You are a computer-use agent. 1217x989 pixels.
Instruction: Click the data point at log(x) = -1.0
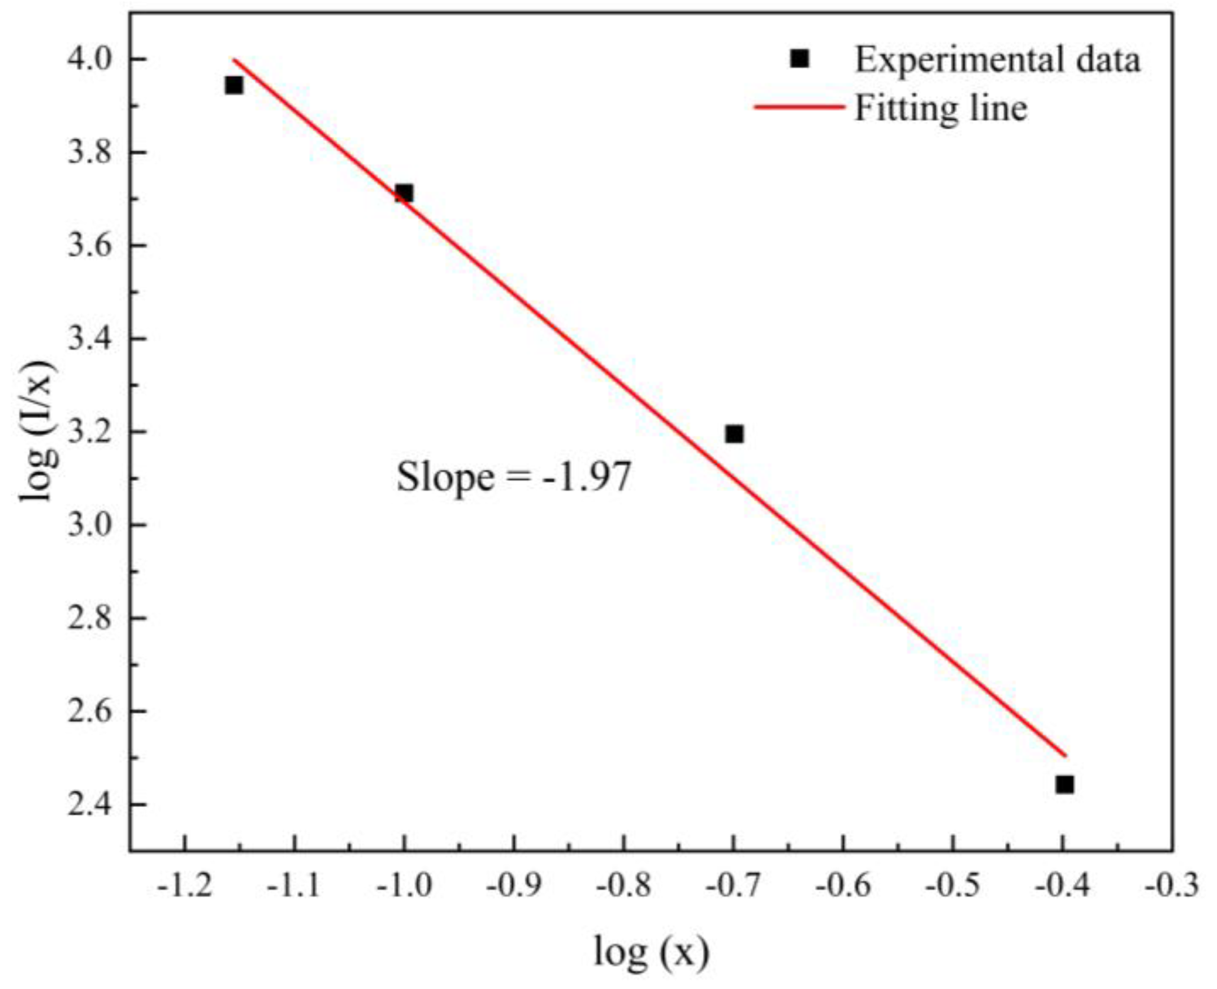404,193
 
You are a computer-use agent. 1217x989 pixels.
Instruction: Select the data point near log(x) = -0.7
734,434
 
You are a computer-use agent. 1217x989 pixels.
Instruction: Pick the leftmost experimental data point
233,85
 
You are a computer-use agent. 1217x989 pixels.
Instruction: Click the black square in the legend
799,59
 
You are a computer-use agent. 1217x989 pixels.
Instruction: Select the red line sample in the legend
799,107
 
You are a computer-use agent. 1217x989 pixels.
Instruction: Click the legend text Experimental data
998,60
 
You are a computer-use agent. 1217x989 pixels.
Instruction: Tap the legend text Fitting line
941,109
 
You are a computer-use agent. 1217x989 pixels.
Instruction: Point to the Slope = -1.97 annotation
513,478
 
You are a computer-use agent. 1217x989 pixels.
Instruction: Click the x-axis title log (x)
651,952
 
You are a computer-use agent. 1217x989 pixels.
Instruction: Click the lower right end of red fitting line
1064,756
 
